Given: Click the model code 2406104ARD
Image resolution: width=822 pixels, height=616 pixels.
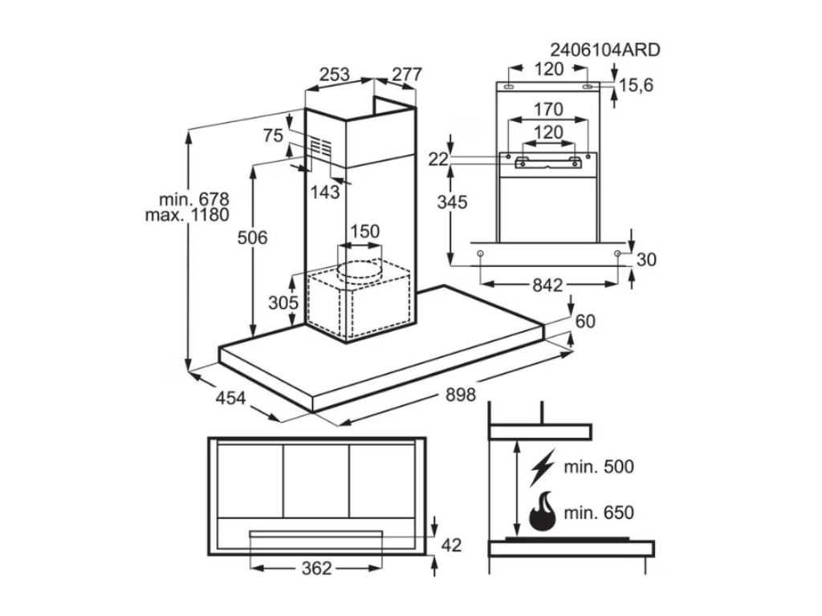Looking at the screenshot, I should pyautogui.click(x=604, y=50).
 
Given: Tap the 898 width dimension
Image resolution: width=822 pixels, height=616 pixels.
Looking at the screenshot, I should pyautogui.click(x=460, y=394).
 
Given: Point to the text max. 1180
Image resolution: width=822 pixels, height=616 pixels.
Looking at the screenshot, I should pyautogui.click(x=187, y=215).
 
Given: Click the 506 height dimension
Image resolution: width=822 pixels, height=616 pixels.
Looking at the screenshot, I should pyautogui.click(x=251, y=237).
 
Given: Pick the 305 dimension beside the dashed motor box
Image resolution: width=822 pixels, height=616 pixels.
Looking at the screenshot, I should pyautogui.click(x=283, y=303).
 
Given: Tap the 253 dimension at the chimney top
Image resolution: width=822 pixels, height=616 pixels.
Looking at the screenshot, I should pyautogui.click(x=334, y=75).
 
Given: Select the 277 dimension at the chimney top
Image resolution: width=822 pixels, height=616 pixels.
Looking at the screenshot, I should pyautogui.click(x=406, y=75).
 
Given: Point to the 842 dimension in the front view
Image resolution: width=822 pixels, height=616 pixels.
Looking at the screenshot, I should pyautogui.click(x=547, y=285).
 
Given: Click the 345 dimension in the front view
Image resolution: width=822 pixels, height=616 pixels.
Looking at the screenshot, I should pyautogui.click(x=452, y=202).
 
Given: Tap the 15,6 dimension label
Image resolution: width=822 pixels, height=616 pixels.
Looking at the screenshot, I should pyautogui.click(x=636, y=84).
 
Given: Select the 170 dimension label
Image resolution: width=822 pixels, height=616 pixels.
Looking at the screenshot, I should pyautogui.click(x=548, y=108).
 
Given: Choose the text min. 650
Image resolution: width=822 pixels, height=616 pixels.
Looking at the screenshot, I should pyautogui.click(x=598, y=513).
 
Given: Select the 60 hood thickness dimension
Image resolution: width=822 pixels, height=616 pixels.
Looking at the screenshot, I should pyautogui.click(x=586, y=321).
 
